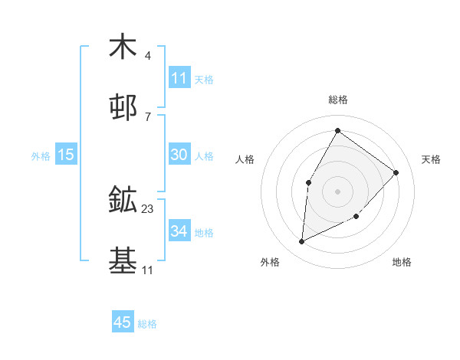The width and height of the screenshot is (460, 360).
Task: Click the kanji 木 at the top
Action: pos(123,47)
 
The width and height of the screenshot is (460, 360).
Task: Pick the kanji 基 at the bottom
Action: pos(123,260)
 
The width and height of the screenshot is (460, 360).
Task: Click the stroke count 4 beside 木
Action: pos(148,56)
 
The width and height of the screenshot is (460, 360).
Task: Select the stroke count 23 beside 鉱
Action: pos(148,209)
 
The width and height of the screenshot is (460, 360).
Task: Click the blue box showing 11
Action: pos(179,78)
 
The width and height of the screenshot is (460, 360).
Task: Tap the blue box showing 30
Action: pos(179,155)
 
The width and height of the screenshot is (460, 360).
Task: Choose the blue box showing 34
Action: pos(179,231)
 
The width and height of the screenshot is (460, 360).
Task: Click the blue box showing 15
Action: pos(66,155)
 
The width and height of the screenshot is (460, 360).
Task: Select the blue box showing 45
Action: pos(123,322)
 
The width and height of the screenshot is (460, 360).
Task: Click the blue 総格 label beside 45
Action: pos(148,324)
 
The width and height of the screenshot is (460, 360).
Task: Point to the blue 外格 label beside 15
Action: pos(41,156)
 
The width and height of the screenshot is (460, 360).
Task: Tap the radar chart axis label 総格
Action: pos(338,100)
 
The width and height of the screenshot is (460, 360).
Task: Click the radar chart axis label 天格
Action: pos(431,159)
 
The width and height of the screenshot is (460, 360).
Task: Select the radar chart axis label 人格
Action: pos(245,159)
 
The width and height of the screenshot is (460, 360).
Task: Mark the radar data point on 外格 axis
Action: pos(302,242)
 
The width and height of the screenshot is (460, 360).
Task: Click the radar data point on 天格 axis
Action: pos(396,172)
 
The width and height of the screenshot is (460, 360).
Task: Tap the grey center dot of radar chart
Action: pos(337,191)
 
